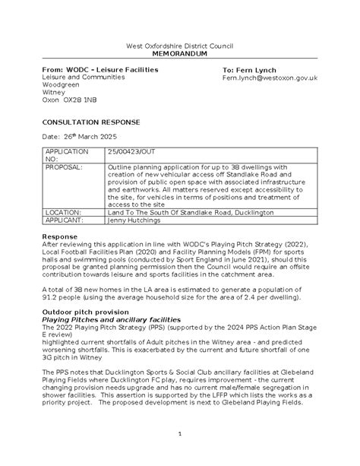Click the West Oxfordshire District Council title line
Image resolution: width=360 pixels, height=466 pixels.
click(179, 47)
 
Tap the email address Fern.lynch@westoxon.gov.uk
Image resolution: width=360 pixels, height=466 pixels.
click(269, 78)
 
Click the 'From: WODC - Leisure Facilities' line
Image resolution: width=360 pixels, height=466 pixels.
click(99, 70)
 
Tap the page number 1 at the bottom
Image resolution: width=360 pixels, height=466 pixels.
click(179, 434)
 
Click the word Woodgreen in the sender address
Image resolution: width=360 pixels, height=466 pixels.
click(61, 86)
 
